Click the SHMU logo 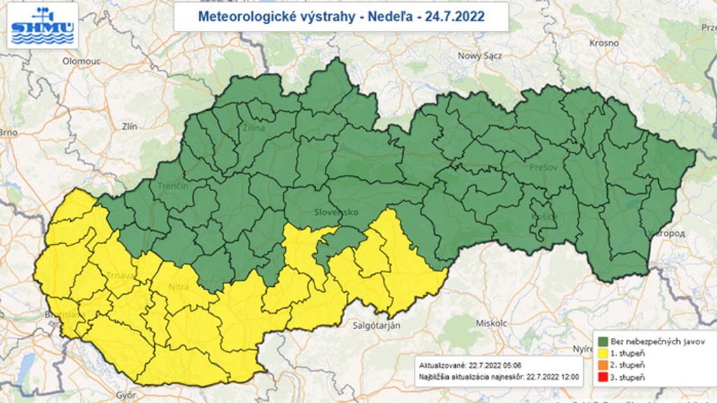pyautogui.click(x=42, y=26)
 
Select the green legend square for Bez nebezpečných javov pyautogui.click(x=602, y=341)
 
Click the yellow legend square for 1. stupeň pyautogui.click(x=602, y=353)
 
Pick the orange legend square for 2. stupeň pyautogui.click(x=602, y=365)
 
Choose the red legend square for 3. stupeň pyautogui.click(x=602, y=378)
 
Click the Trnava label pyautogui.click(x=121, y=275)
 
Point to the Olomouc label pyautogui.click(x=82, y=61)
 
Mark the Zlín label pyautogui.click(x=130, y=127)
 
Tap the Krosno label pyautogui.click(x=604, y=43)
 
